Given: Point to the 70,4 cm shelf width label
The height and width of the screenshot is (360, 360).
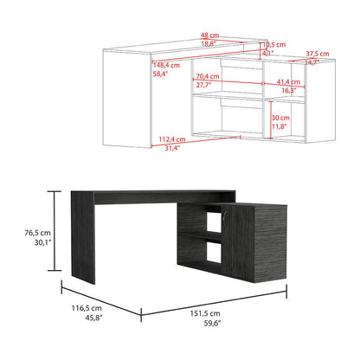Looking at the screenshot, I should coord(208,76).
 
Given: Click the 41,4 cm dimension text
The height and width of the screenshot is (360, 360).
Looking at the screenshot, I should coord(289,80).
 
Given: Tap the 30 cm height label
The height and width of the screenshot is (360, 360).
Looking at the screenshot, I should coord(280,117).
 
